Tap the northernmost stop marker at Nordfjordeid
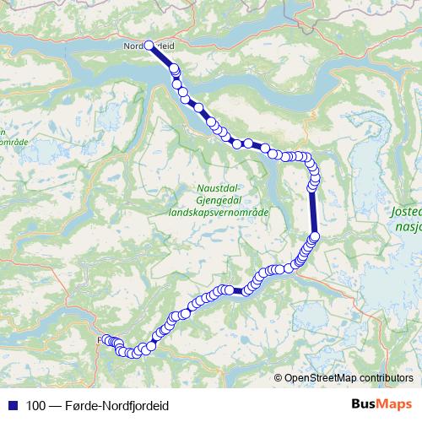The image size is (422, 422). coord(149,46)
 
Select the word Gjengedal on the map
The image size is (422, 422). coord(219,201)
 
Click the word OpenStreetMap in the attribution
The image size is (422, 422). coord(322,378)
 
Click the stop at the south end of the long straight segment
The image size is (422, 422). coord(316,236)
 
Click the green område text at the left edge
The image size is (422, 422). coord(16,142)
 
